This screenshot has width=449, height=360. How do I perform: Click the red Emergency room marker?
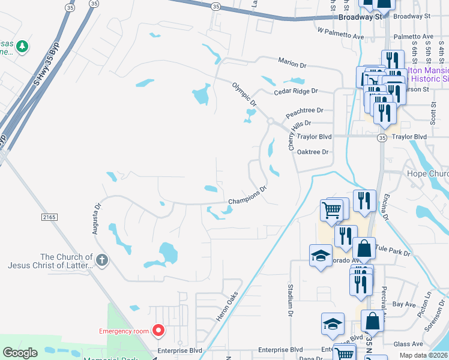pyautogui.click(x=158, y=329)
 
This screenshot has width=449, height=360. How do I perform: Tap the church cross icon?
pyautogui.click(x=102, y=260)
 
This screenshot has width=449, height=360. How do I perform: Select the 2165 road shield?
pyautogui.click(x=49, y=216)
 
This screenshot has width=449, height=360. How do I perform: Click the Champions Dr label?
pyautogui.click(x=247, y=197)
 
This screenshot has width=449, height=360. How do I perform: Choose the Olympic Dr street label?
pyautogui.click(x=244, y=95)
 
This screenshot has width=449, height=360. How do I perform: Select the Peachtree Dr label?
pyautogui.click(x=304, y=110)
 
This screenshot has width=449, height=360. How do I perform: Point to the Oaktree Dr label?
pyautogui.click(x=313, y=152)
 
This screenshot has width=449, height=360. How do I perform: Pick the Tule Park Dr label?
pyautogui.click(x=393, y=250)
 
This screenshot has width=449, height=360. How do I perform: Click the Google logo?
pyautogui.click(x=20, y=353)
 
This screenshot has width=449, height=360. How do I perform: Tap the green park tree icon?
pyautogui.click(x=22, y=46)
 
